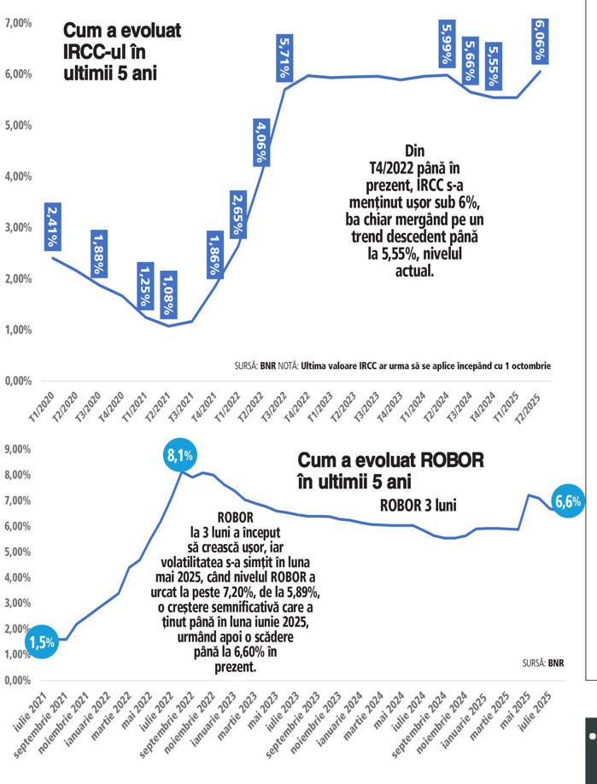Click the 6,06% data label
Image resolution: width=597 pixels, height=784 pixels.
point(541,41)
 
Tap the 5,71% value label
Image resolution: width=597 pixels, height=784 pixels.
point(286,59)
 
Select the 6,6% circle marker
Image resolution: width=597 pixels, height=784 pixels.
point(567,503)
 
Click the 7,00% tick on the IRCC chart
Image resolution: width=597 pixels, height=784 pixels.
point(19,23)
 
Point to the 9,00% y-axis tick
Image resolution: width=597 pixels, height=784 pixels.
point(18,448)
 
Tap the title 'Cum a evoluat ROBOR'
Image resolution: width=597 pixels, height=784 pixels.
point(390,471)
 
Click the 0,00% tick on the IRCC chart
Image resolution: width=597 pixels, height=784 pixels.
point(19,381)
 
